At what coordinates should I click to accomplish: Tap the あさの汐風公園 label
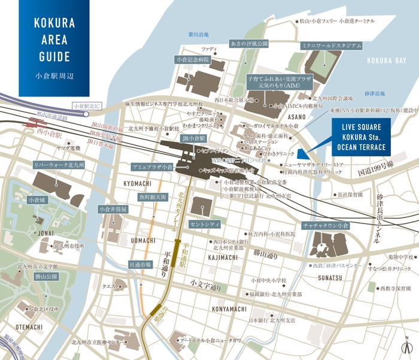coord(248,44)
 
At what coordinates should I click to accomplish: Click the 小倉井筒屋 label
coord(113,210)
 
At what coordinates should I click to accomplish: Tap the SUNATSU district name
coord(329,278)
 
